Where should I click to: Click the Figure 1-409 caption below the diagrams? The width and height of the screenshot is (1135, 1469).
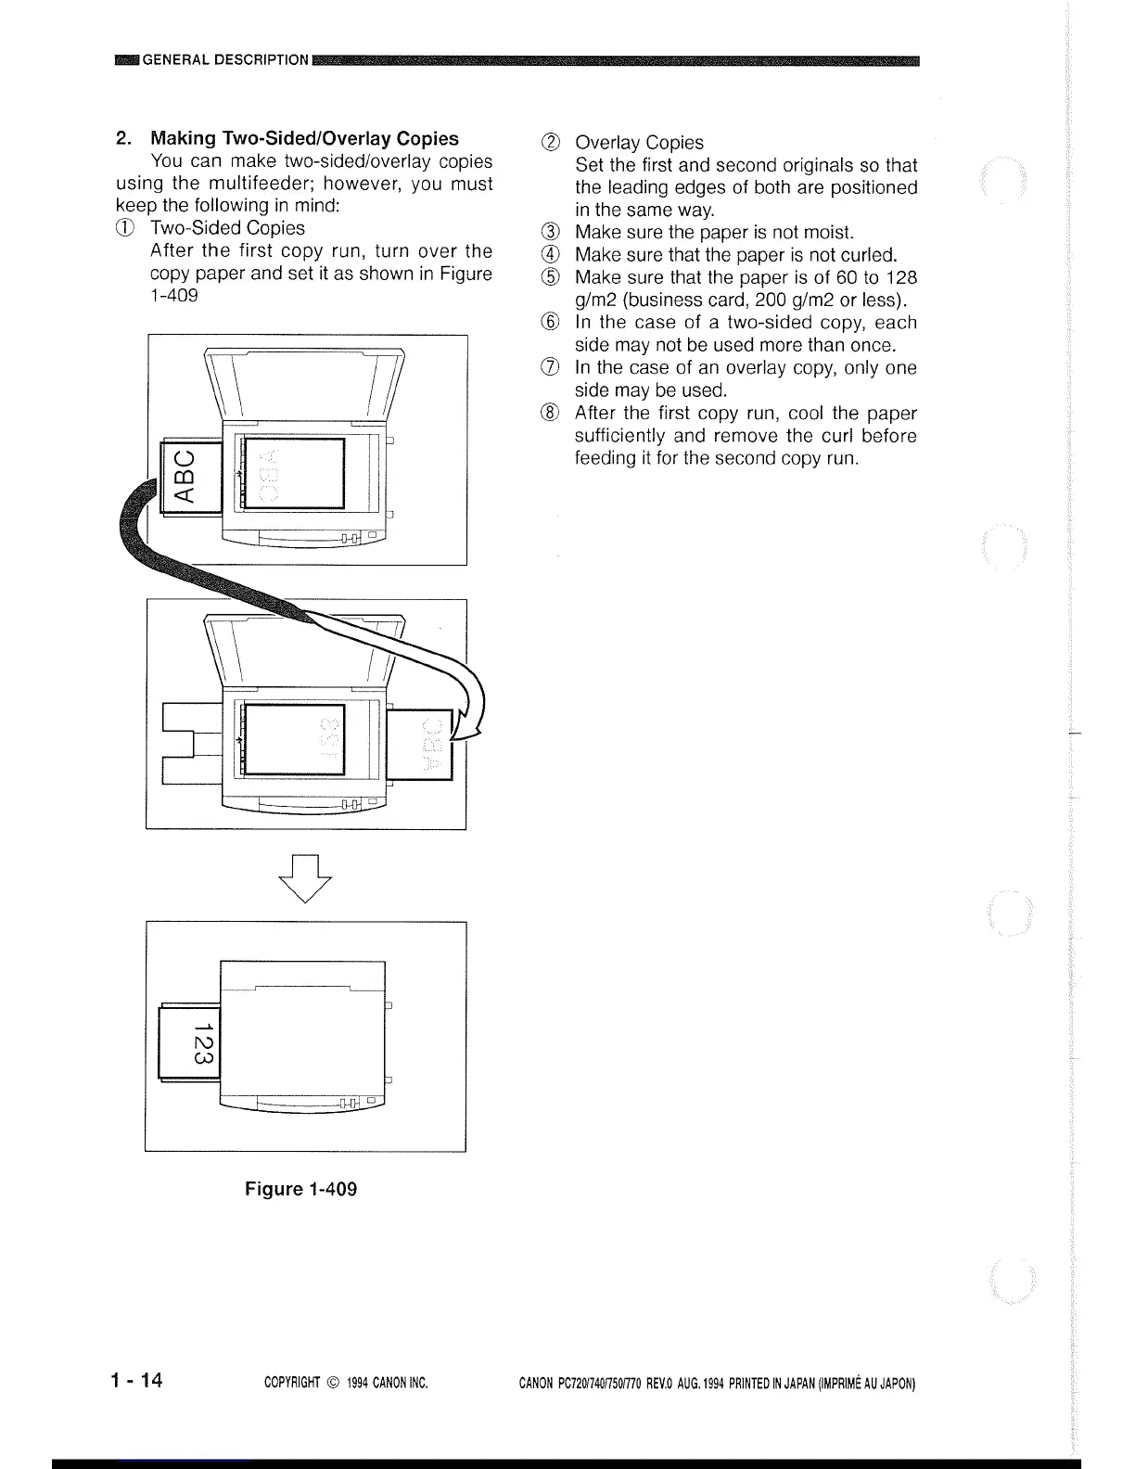point(300,1189)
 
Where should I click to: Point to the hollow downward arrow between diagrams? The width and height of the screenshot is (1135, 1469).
point(305,877)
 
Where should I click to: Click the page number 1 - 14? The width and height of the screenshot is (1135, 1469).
point(135,1381)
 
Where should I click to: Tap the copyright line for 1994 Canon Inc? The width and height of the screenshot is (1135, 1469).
point(345,1385)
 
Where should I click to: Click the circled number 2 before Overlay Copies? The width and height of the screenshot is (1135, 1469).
point(553,143)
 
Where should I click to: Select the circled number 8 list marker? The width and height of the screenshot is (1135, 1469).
point(553,414)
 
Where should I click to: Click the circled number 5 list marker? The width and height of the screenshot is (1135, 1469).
point(553,278)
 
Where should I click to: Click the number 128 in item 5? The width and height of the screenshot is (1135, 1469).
point(901,278)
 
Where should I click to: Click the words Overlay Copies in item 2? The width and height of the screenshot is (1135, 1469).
point(639,143)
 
